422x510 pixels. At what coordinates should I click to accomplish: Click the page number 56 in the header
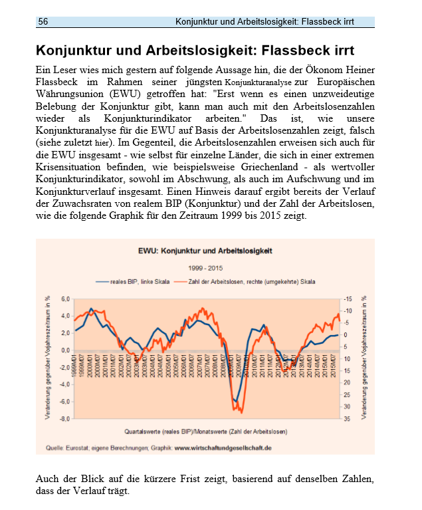(x=43, y=22)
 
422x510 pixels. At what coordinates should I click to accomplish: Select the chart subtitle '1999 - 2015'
(x=205, y=268)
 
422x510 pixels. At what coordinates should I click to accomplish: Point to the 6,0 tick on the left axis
(x=65, y=299)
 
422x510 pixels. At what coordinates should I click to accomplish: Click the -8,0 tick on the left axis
(x=64, y=418)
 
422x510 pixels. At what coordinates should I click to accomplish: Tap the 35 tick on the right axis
(x=348, y=418)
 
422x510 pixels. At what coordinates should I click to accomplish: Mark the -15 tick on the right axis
(x=347, y=299)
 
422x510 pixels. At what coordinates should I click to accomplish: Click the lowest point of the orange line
(x=241, y=412)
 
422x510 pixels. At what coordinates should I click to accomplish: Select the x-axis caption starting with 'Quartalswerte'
(x=205, y=432)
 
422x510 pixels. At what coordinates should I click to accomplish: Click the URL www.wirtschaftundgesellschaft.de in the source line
(x=223, y=448)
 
